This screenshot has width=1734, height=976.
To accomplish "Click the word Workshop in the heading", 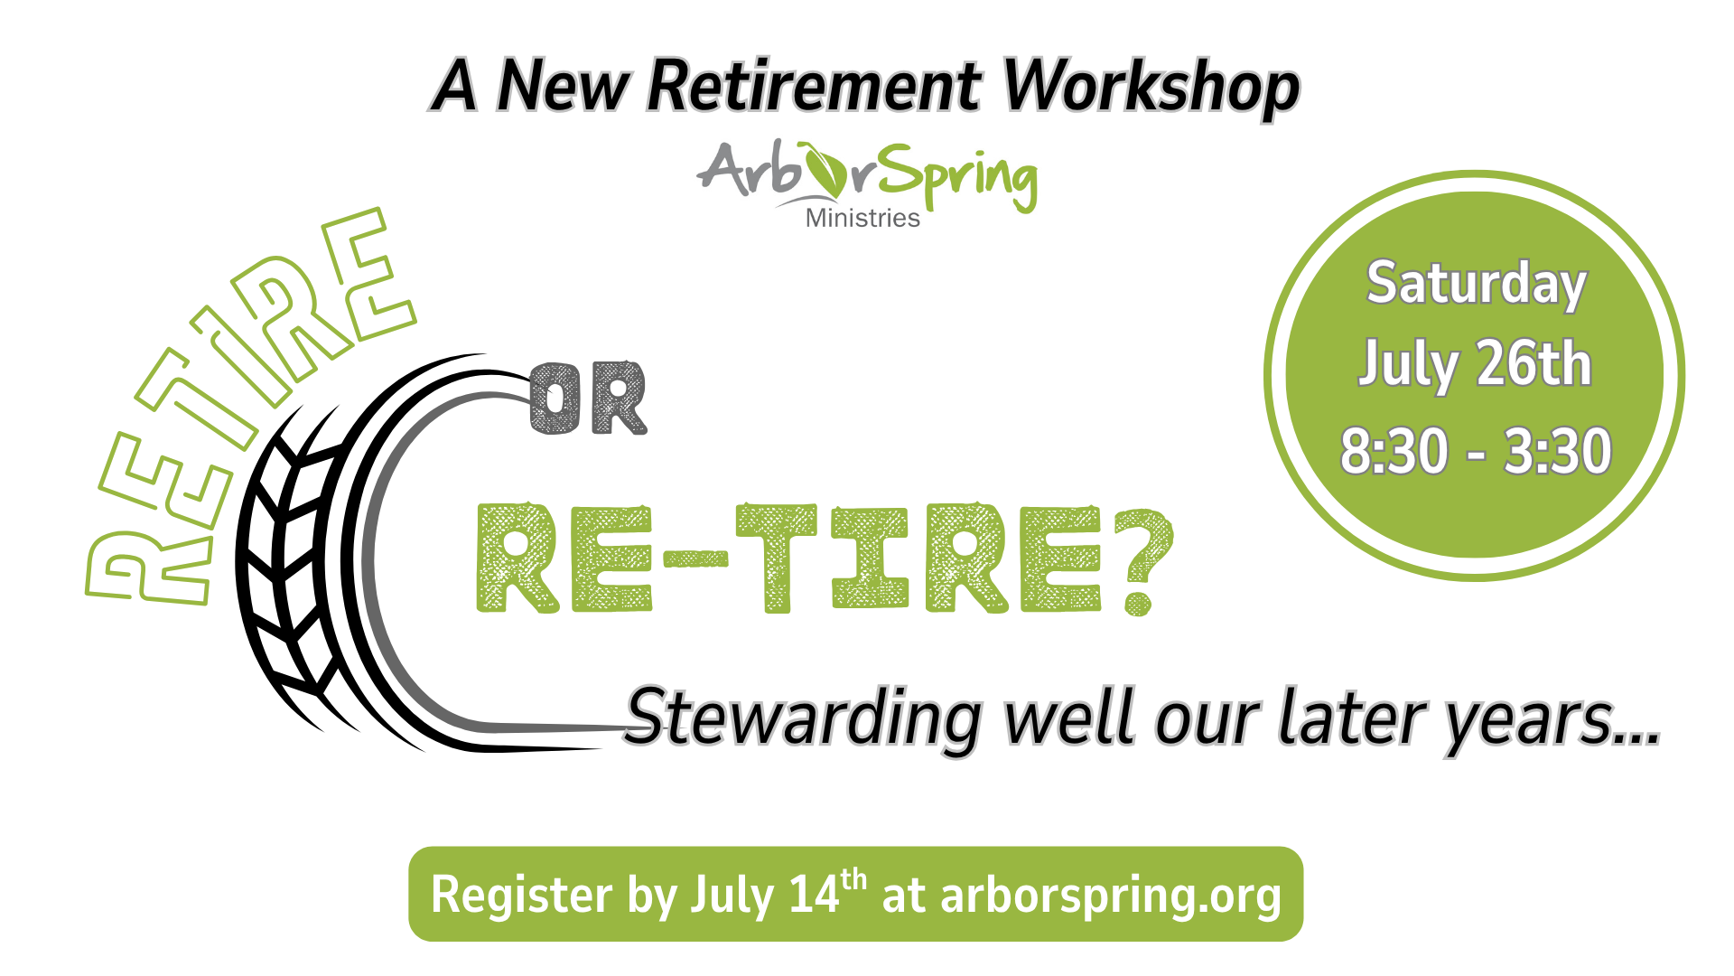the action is click(1151, 87).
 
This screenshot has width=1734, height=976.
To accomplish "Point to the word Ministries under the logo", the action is click(862, 218).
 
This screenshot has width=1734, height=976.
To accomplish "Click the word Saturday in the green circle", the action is click(1476, 285).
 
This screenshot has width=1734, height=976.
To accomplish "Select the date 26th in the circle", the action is click(1534, 364).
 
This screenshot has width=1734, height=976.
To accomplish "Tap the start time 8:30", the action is click(1394, 450).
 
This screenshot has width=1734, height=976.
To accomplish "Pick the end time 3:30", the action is click(1557, 450).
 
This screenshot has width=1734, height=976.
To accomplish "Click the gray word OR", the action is click(588, 399).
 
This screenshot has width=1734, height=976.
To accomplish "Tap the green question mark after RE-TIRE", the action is click(1143, 560).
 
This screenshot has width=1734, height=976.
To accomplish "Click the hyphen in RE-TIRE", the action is click(695, 560).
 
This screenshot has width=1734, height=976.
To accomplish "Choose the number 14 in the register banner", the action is click(814, 895).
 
